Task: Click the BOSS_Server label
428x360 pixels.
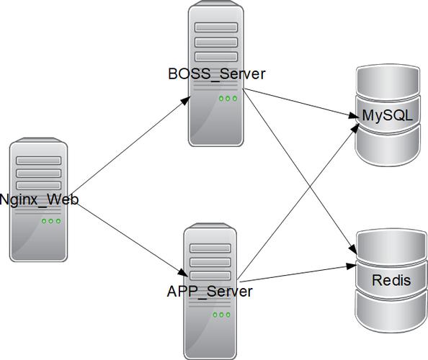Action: [217, 74]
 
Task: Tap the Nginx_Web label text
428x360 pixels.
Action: [40, 199]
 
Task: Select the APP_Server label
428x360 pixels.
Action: [210, 292]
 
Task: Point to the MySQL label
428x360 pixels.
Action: [388, 116]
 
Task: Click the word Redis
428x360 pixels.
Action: [391, 280]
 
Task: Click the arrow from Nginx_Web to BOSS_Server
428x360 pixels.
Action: [130, 145]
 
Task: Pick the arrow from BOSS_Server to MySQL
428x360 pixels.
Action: [300, 104]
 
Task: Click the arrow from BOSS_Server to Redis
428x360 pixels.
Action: [300, 171]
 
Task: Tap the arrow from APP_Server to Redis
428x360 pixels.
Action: [298, 273]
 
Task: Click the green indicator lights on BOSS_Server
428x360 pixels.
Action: [228, 99]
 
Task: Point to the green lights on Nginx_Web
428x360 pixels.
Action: [51, 221]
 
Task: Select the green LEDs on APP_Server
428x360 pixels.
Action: [221, 315]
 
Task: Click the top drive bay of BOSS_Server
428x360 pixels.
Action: [216, 27]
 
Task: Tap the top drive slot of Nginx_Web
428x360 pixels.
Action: [38, 161]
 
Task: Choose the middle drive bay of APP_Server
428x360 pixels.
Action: [210, 262]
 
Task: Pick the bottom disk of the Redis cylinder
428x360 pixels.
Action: [391, 311]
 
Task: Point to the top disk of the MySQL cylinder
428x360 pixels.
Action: [388, 81]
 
